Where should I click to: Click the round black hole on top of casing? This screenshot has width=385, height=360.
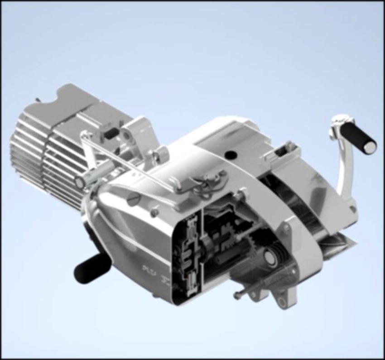point(231,155)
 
